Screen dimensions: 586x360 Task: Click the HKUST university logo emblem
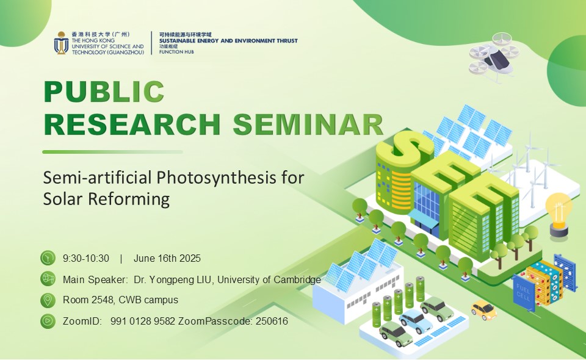tap(61, 43)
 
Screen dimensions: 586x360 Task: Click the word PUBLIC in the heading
tap(104, 92)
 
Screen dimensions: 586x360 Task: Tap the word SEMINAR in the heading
tap(308, 124)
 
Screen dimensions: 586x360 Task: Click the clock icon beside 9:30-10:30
tap(48, 257)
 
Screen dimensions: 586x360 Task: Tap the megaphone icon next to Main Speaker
tap(48, 279)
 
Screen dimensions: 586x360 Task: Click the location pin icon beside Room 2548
tap(48, 300)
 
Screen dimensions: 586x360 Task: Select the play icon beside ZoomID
tap(48, 321)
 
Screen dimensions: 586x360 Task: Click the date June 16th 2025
tap(167, 259)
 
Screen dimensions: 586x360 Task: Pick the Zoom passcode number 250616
tap(272, 321)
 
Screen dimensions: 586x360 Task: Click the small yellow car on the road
tap(483, 309)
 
